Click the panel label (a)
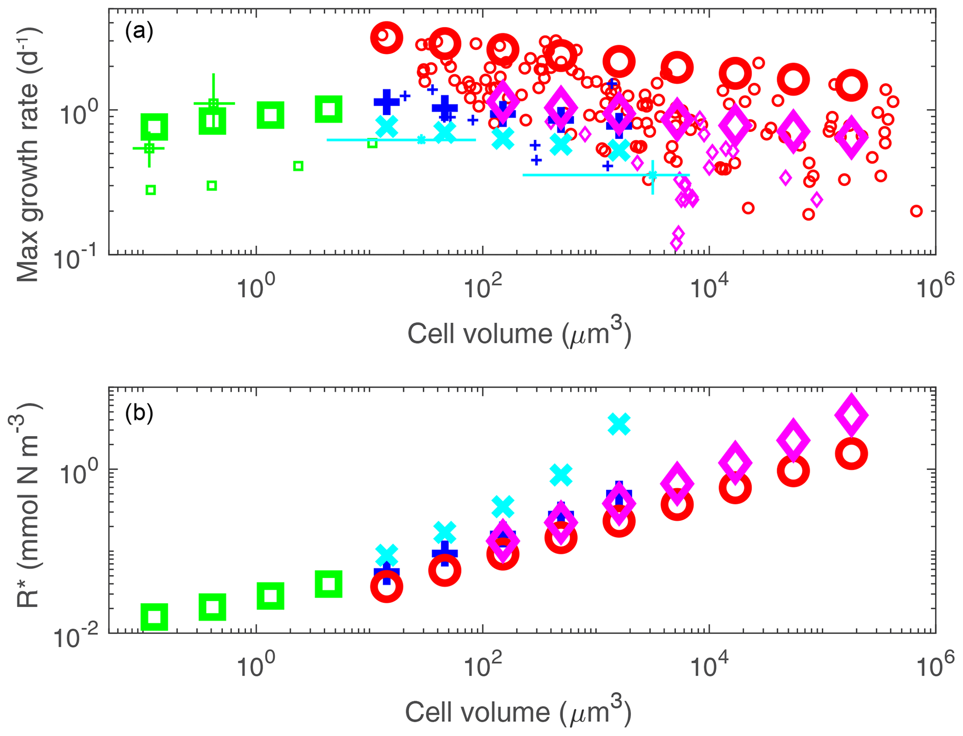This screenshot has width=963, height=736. point(139,32)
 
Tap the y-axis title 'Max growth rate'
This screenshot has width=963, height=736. point(28,154)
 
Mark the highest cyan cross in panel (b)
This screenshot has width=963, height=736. point(619,424)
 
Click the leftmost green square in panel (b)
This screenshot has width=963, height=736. point(154,617)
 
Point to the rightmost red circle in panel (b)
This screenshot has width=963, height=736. point(851,454)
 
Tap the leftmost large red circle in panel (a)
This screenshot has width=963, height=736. point(386,38)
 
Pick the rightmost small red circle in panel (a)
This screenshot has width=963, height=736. point(916,211)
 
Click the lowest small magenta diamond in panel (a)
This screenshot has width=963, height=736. point(676,243)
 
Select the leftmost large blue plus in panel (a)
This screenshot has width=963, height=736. point(386,102)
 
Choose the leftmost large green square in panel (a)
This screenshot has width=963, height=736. point(154,127)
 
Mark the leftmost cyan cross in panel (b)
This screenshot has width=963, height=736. point(386,555)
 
